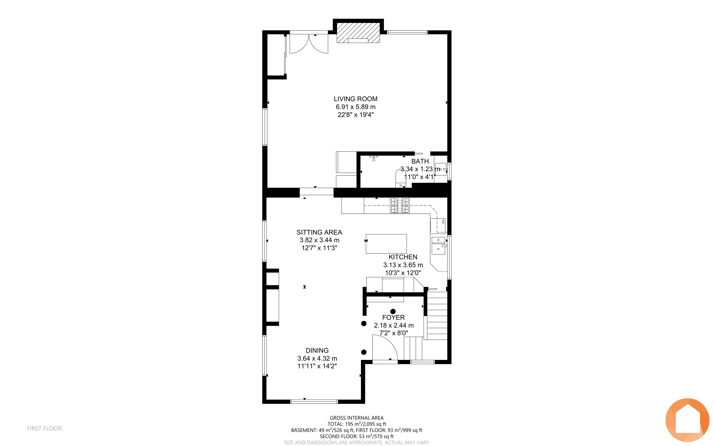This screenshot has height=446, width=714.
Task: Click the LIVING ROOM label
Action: point(355,99)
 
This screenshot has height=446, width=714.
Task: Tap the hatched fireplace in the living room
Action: point(358,33)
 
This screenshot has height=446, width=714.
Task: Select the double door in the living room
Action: point(309,44)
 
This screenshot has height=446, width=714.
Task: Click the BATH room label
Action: point(420,161)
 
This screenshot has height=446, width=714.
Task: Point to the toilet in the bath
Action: point(400,180)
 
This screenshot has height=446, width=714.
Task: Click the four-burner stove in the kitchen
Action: point(400,205)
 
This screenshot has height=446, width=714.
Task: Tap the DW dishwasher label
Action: point(443,222)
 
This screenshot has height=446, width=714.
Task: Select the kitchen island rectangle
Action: point(386,244)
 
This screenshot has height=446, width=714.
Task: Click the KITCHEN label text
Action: point(403,257)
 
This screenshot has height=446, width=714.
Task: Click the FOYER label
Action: point(394,318)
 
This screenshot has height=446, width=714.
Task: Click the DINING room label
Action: point(317,351)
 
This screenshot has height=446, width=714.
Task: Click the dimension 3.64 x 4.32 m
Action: point(317,359)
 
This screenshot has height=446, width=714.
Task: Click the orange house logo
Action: point(687,420)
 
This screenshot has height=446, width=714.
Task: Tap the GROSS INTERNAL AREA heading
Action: point(357,418)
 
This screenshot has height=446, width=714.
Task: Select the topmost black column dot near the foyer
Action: point(393,311)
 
